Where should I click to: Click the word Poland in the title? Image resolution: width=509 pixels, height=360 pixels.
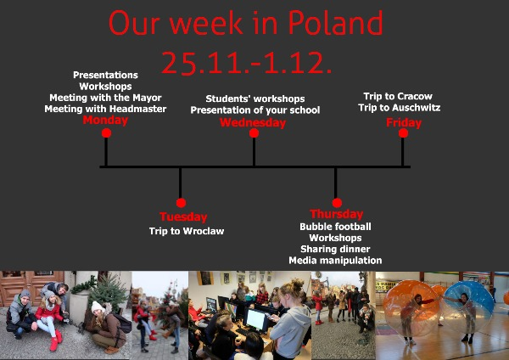tap(336, 23)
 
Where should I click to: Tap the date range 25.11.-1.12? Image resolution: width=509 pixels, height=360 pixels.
tap(246, 63)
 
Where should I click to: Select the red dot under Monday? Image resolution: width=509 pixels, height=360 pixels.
tap(106, 133)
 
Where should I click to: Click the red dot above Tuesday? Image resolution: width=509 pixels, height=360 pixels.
tap(181, 203)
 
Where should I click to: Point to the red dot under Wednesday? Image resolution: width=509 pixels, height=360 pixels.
tap(254, 133)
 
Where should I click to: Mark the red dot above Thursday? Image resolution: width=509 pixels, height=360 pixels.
tap(337, 203)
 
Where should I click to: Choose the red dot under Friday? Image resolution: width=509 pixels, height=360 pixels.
tap(403, 133)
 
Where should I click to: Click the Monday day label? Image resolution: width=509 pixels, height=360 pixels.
tap(105, 121)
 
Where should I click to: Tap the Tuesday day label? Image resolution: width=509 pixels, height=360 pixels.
tap(183, 217)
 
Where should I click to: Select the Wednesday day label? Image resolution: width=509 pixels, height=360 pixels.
tap(253, 123)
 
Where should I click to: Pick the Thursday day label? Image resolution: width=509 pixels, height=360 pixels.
tap(337, 214)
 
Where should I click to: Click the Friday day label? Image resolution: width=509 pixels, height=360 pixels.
tap(404, 123)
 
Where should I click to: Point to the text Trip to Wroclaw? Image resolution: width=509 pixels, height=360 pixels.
tap(187, 231)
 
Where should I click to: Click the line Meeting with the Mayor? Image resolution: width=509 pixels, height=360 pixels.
tap(105, 98)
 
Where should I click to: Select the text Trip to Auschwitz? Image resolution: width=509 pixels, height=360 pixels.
tap(400, 108)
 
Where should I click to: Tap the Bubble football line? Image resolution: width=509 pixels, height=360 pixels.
tap(335, 227)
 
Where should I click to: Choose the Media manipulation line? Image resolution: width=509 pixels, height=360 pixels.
tap(335, 261)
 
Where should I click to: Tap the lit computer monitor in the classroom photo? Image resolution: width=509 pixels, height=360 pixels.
tap(256, 319)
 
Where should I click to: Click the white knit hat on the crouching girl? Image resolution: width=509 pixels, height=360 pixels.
tap(98, 307)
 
